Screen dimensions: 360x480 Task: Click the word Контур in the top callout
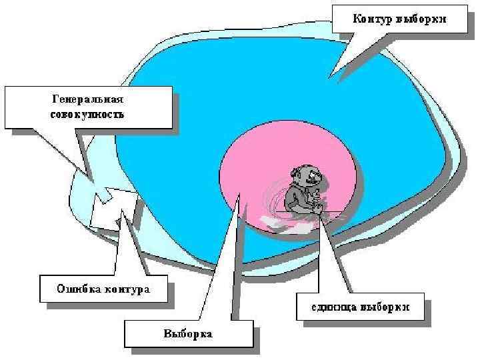pyautogui.click(x=373, y=19)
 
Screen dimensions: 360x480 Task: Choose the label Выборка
pyautogui.click(x=189, y=333)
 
